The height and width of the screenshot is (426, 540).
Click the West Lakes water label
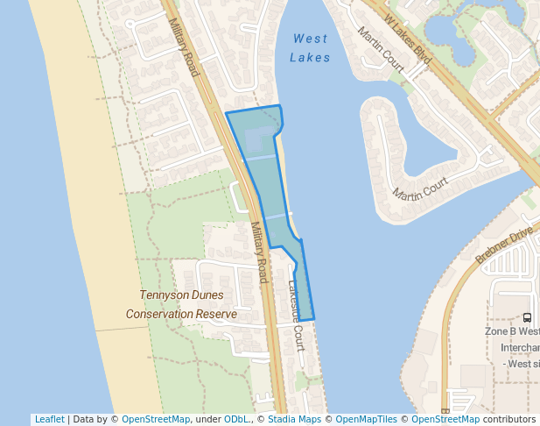click(x=311, y=48)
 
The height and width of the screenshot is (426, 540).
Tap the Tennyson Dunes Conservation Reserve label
click(x=181, y=304)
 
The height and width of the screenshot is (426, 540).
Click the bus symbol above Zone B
click(x=527, y=318)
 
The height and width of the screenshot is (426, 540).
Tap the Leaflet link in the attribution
click(x=49, y=419)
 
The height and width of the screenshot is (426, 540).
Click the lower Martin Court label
click(x=420, y=187)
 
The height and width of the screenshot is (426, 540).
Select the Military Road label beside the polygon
click(x=258, y=252)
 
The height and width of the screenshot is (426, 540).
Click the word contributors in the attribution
click(x=509, y=419)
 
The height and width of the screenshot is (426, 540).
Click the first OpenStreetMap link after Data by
click(x=156, y=419)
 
